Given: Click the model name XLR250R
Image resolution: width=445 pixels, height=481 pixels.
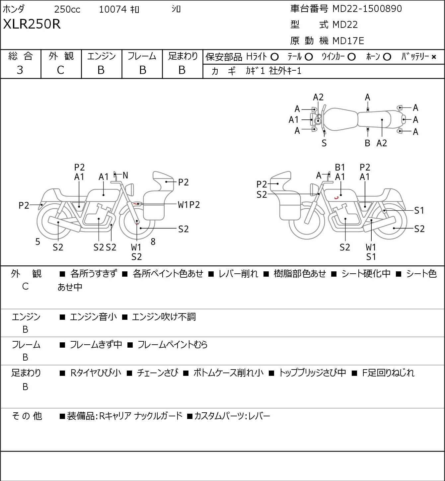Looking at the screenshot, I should tap(32, 24).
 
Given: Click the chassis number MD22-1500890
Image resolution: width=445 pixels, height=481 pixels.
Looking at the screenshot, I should tap(367, 9).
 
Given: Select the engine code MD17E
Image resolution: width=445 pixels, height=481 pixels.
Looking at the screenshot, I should tap(348, 40).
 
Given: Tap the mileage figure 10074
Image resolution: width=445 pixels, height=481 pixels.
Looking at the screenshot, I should tap(113, 9).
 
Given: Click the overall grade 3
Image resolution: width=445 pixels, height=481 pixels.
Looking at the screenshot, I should tap(20, 70).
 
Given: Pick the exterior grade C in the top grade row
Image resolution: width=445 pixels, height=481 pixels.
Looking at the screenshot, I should tap(61, 70).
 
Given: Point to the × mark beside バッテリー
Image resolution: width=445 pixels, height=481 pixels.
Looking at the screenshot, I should tap(434, 57).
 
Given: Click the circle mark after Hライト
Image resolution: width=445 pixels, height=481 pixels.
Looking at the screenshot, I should tap(274, 57).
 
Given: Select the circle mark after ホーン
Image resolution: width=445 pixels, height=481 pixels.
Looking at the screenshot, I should tap(387, 57).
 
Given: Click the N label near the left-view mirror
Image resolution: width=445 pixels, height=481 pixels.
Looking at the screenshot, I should tap(125, 175).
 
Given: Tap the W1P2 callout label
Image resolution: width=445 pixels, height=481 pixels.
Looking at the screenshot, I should tap(189, 205).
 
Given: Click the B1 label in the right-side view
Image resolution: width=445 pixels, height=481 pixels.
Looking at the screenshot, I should tap(340, 167).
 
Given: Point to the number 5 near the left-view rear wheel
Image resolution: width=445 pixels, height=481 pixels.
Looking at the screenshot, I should tap(38, 242).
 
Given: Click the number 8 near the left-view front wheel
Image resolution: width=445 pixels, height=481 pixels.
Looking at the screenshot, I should tap(153, 242).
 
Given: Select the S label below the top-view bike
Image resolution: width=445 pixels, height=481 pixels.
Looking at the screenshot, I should tap(324, 143).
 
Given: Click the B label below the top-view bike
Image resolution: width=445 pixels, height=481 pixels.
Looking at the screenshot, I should tap(367, 143).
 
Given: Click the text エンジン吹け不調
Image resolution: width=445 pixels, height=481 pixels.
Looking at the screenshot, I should tap(164, 317).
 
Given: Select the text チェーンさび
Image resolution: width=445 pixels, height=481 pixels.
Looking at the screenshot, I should tap(157, 373).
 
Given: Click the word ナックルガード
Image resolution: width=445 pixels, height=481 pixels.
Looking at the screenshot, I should tap(158, 416).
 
